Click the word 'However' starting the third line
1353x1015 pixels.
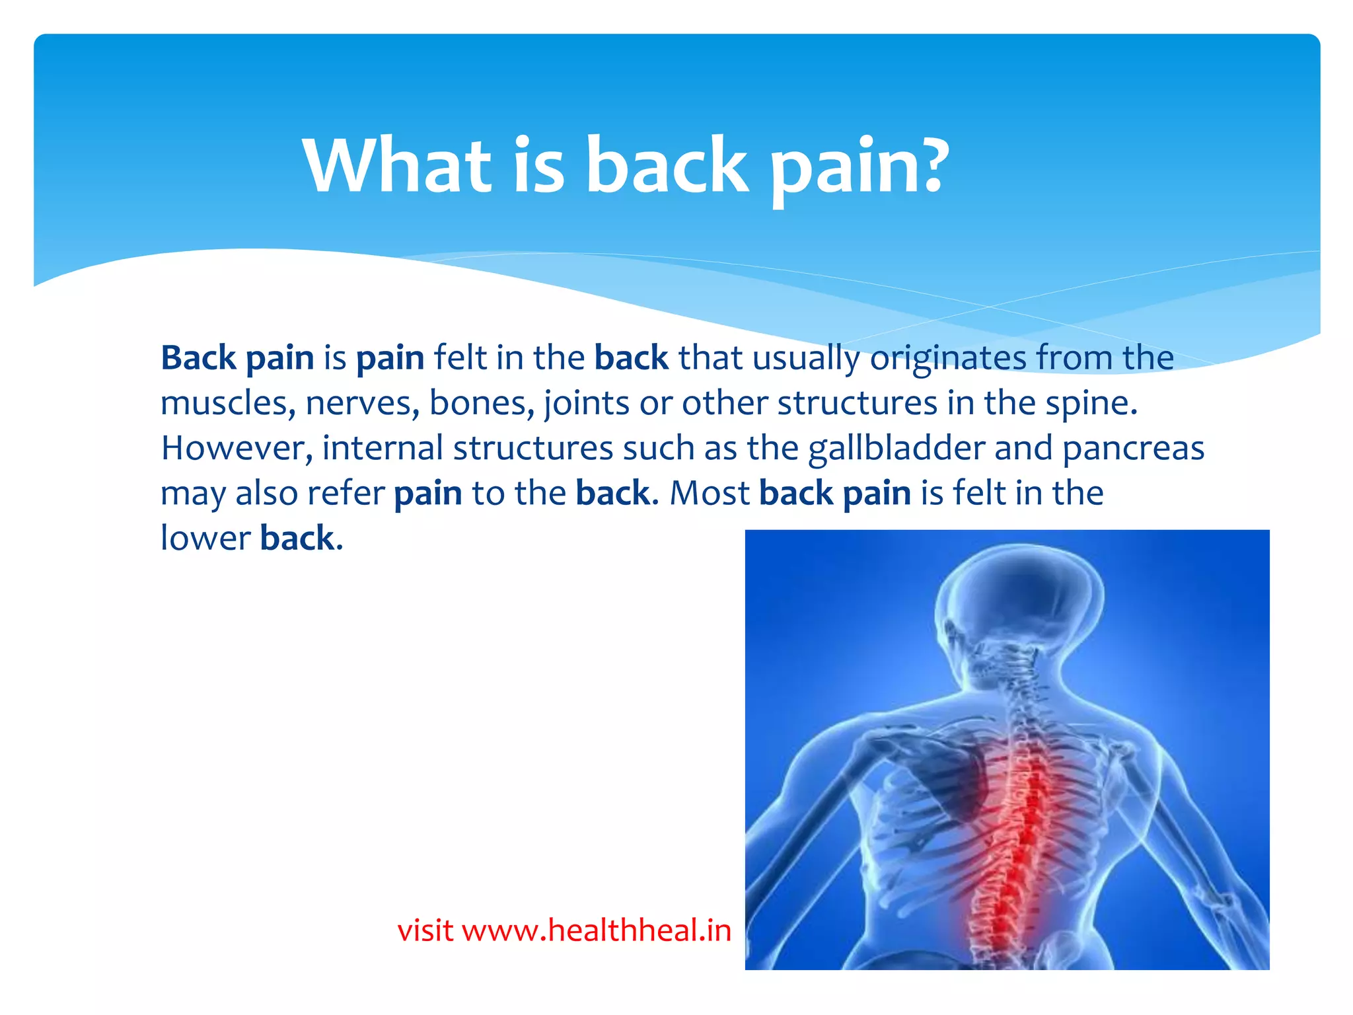(x=237, y=448)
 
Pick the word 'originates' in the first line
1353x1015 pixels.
(x=947, y=359)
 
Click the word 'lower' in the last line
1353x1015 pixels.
(x=205, y=538)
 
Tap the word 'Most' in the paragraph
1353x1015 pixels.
(x=710, y=493)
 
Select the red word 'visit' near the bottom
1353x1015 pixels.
(x=425, y=930)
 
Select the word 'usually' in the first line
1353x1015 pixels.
(x=806, y=359)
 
